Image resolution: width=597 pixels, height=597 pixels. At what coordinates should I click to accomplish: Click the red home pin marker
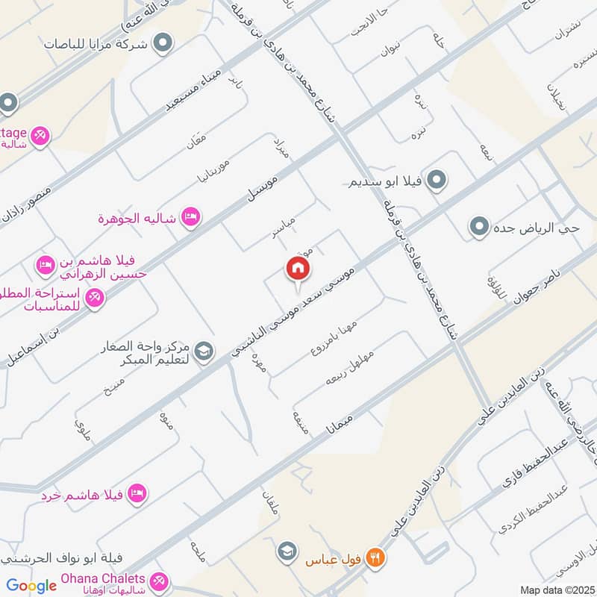tap(297, 269)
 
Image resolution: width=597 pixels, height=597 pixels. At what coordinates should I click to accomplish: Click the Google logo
tap(31, 586)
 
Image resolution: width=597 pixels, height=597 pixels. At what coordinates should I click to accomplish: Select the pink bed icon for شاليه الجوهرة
tap(190, 216)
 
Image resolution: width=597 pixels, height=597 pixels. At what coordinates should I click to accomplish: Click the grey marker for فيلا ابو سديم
tap(440, 180)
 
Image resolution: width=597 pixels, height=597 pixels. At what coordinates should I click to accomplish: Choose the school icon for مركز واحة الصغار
tap(202, 350)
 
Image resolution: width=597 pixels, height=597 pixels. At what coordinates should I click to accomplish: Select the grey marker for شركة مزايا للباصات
tap(160, 45)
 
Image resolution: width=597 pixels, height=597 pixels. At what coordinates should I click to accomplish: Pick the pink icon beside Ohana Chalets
tap(158, 581)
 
